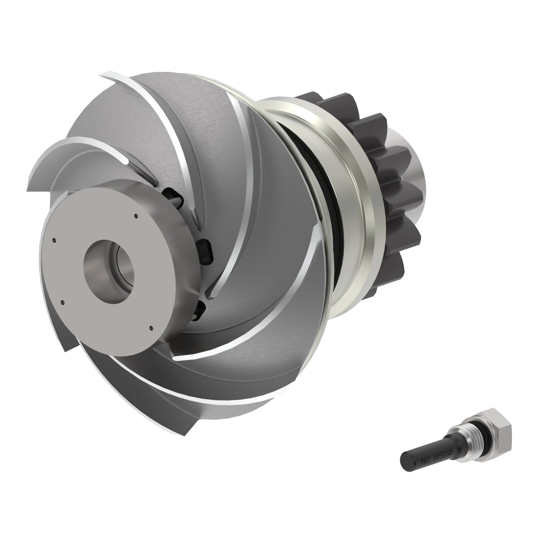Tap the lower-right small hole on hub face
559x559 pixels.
(x=151, y=328)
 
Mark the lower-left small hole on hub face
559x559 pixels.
(x=63, y=303)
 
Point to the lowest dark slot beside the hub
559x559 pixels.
(x=199, y=310)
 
